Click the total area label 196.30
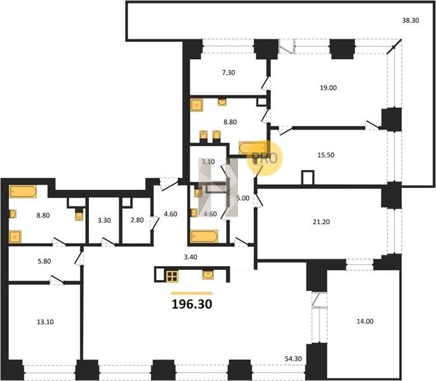point(192,304)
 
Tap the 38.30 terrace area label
point(411,20)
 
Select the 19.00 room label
point(328,88)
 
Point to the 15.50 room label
point(326,155)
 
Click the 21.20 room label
point(321,222)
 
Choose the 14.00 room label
point(365,321)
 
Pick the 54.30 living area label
point(293,359)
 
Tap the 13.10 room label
point(45,322)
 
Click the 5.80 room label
point(44,262)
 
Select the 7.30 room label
point(228,72)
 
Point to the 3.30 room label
point(104,220)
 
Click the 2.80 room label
point(137,220)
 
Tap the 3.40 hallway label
point(190,257)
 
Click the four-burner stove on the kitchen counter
point(172,276)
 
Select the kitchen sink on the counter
point(208,275)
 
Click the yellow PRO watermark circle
point(265,158)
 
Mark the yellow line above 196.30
point(192,293)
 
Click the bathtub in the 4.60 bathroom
point(204,236)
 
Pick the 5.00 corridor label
point(242,198)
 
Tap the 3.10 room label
point(208,162)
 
